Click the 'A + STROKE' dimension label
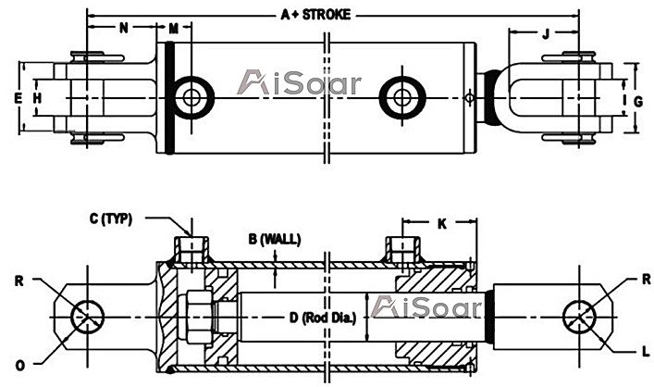click(315, 15)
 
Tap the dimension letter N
click(124, 28)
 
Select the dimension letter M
click(174, 29)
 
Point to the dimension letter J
click(546, 34)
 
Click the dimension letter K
click(441, 224)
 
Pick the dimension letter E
click(18, 98)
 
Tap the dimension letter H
click(38, 98)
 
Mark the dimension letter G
click(637, 102)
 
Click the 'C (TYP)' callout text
click(111, 218)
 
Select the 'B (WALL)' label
click(275, 239)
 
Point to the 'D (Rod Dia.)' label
click(323, 318)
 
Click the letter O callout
click(20, 366)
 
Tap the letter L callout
click(646, 352)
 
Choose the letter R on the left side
click(19, 281)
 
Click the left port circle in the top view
click(192, 98)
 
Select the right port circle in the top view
click(402, 98)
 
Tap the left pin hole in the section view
click(87, 318)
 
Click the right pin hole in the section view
click(579, 318)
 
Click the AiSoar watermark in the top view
click(299, 82)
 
